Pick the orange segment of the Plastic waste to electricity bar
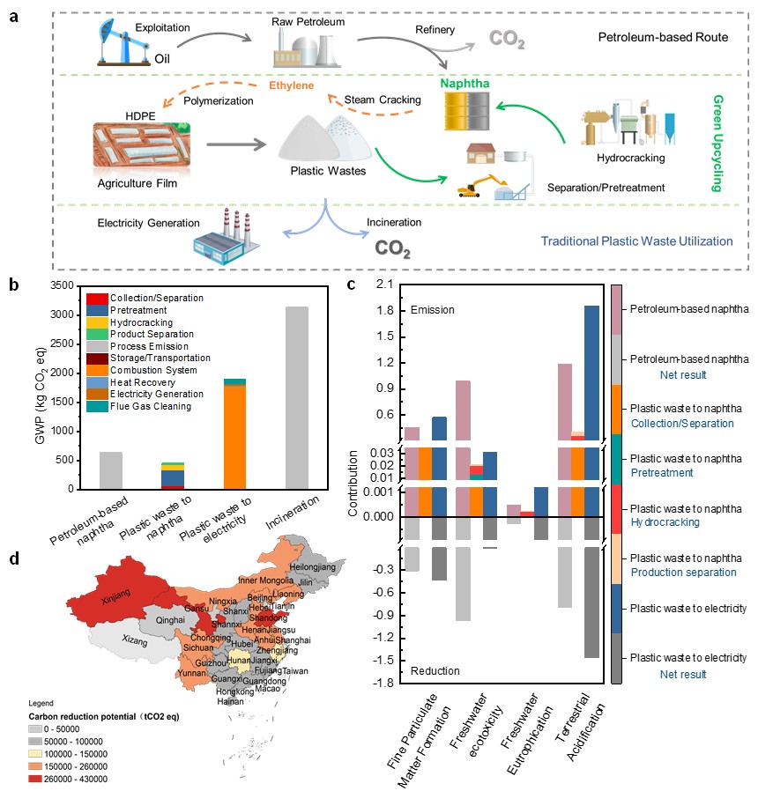(234, 437)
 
